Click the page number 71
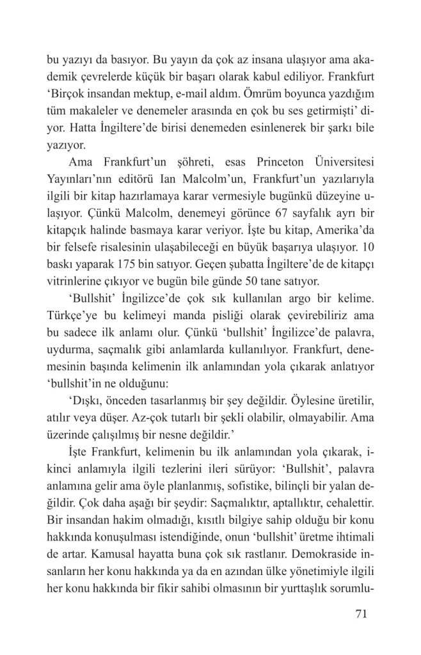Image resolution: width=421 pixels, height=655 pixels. pyautogui.click(x=360, y=615)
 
